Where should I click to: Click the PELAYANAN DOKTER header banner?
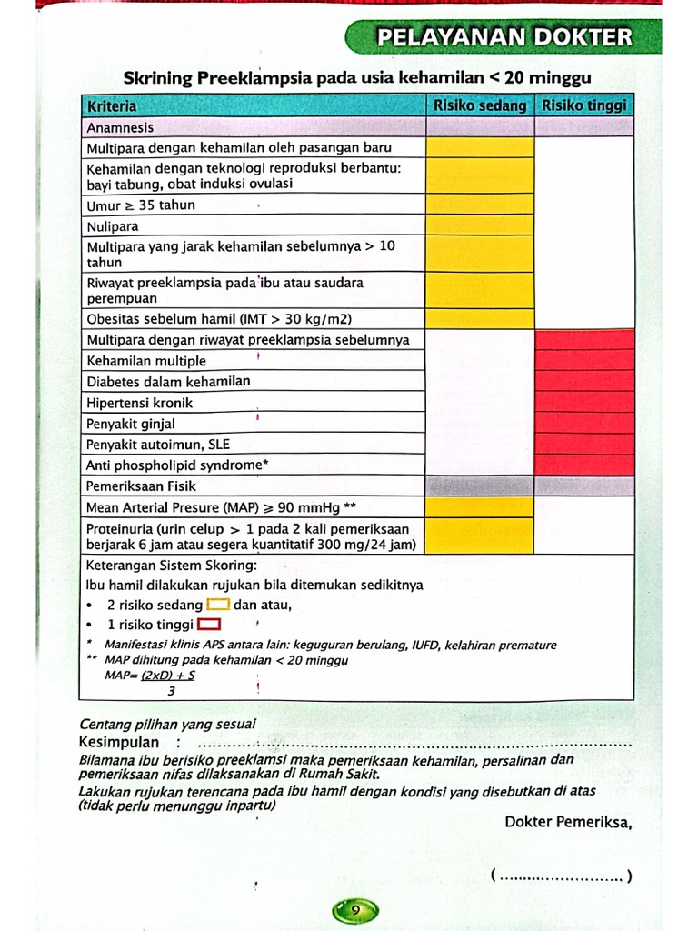(x=504, y=37)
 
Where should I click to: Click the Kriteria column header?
(x=112, y=106)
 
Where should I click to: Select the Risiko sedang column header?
(x=480, y=106)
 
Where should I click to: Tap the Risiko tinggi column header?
(x=584, y=106)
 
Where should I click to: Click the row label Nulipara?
(x=113, y=226)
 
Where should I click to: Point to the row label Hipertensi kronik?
(x=140, y=403)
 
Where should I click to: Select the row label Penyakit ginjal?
(x=131, y=424)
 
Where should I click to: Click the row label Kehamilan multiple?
(x=146, y=361)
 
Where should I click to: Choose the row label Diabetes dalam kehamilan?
(x=168, y=382)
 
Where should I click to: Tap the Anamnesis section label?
(x=120, y=128)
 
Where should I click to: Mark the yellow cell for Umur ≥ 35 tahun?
(x=480, y=205)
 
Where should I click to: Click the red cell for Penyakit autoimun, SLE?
(x=584, y=445)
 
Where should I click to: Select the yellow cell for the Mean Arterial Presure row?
(x=480, y=507)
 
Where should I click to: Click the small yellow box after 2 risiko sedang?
(x=218, y=605)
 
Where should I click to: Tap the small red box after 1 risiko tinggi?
(x=210, y=625)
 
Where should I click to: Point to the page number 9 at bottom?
(x=355, y=910)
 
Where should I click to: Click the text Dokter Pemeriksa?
(x=568, y=822)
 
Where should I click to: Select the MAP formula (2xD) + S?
(x=168, y=676)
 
